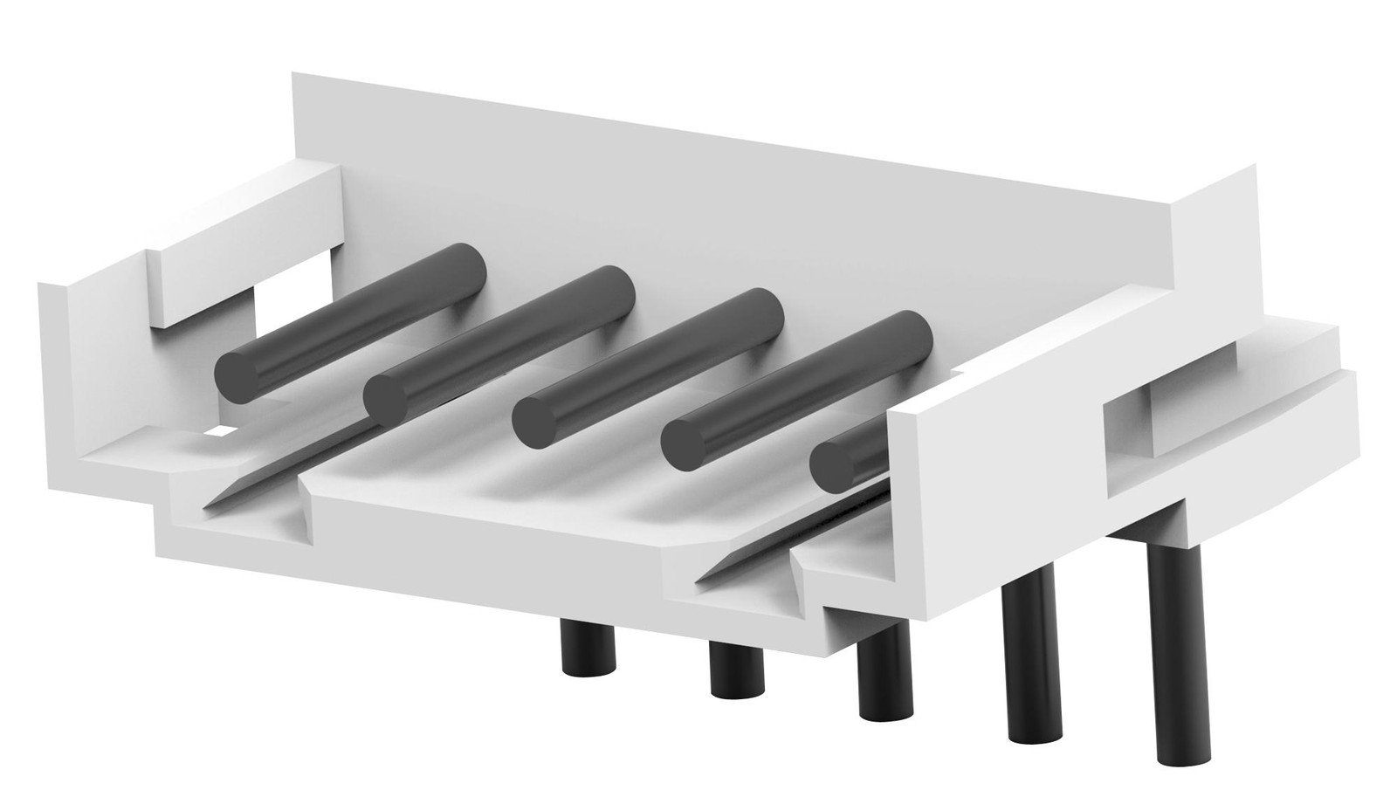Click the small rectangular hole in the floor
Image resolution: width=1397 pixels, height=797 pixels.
222,430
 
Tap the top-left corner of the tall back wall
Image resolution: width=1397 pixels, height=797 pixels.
293,76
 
